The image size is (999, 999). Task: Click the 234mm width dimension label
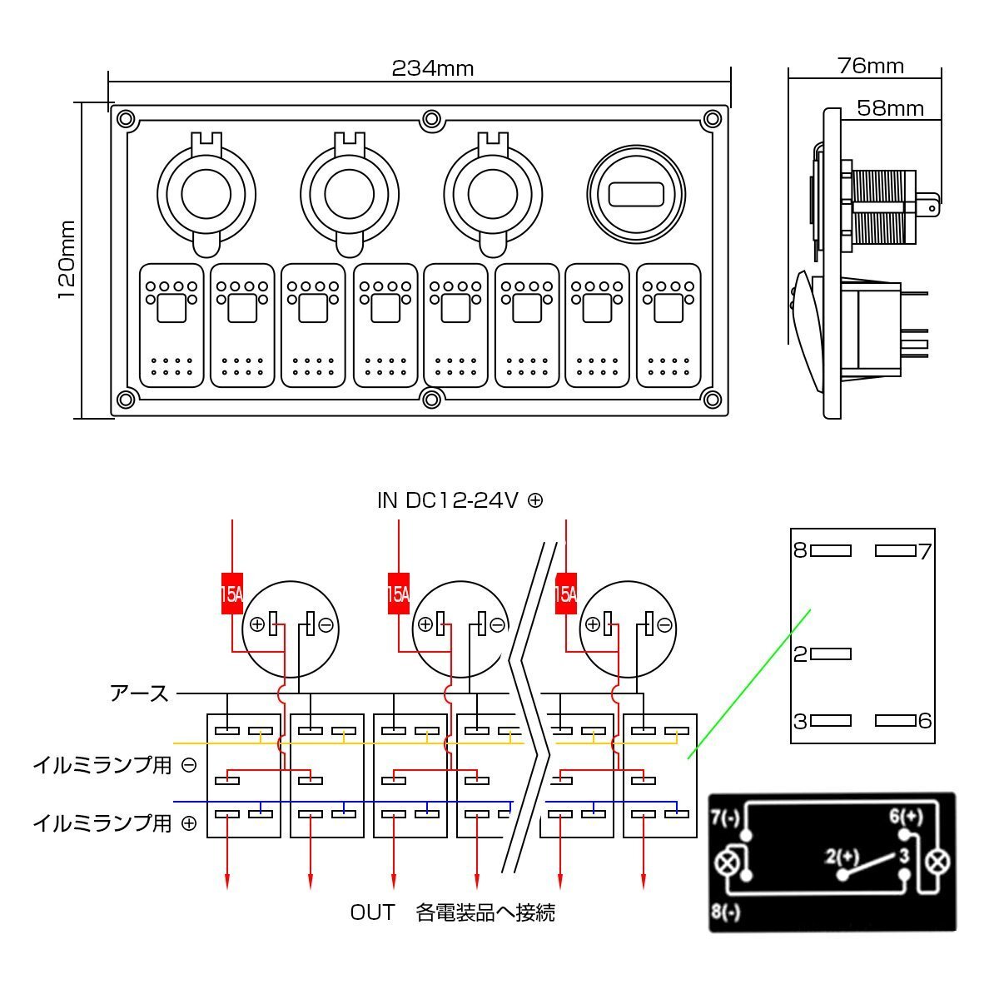[432, 68]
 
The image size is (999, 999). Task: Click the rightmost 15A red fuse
[565, 594]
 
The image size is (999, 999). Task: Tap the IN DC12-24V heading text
[460, 500]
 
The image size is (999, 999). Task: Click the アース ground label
[140, 693]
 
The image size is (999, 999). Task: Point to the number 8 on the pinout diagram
[800, 550]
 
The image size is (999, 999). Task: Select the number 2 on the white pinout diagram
[801, 654]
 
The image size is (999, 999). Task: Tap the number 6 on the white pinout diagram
[924, 720]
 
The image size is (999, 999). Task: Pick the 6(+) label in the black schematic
[905, 817]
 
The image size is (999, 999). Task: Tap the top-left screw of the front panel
[126, 119]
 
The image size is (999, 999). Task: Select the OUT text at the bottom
[372, 912]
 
